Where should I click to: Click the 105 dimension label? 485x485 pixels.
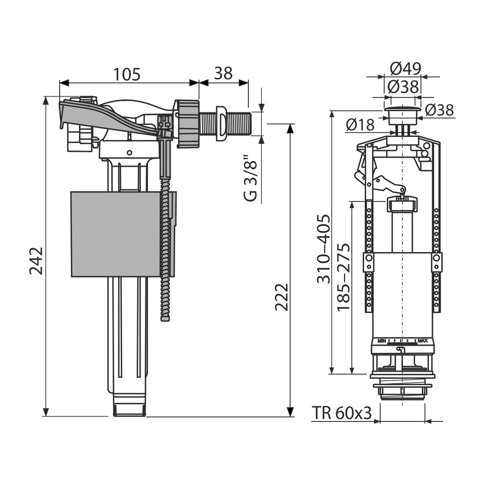[127, 74]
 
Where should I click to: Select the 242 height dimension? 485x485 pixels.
[36, 260]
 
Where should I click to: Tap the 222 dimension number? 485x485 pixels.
[281, 297]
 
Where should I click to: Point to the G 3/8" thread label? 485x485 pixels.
[250, 178]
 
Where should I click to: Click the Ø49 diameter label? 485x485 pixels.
[405, 69]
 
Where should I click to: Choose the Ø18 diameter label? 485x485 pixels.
[360, 125]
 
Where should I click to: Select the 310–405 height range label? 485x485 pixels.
[323, 249]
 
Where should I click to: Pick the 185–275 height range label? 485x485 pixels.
[343, 277]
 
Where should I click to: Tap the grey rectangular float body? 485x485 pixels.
[123, 234]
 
